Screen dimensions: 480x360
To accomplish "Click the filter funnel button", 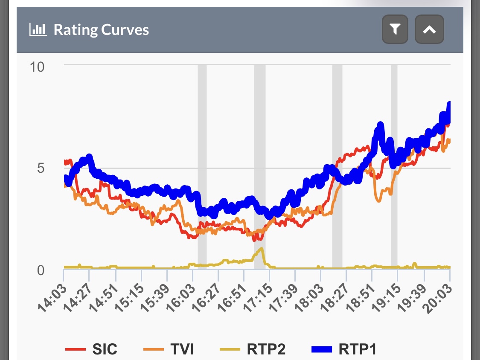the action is (x=395, y=29).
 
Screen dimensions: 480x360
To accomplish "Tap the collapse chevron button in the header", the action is (x=429, y=29).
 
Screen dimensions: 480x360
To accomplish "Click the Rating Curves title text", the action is (x=101, y=30).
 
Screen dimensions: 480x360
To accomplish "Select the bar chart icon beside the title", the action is (x=38, y=30).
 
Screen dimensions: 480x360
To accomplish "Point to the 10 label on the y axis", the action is (x=37, y=67).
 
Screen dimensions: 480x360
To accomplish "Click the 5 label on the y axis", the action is (x=41, y=168).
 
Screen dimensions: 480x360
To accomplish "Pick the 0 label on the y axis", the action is (x=41, y=270).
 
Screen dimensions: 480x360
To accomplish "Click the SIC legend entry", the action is (x=91, y=349).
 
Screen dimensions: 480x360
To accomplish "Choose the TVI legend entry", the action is (x=169, y=349).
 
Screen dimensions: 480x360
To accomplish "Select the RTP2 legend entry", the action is (x=253, y=349).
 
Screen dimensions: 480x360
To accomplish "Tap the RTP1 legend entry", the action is (x=344, y=349).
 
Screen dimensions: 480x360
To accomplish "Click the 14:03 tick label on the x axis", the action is (x=52, y=298).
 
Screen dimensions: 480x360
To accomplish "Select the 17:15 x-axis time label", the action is (x=258, y=298).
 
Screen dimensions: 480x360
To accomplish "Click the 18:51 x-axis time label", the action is (x=360, y=298).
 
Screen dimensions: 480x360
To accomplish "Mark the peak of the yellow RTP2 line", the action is (x=261, y=248).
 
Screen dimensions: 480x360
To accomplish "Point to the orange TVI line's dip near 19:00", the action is (x=379, y=201).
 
